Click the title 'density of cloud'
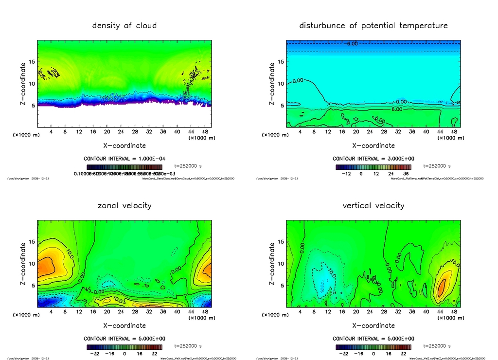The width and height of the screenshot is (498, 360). pos(124,25)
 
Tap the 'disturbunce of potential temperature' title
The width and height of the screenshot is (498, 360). pos(373,25)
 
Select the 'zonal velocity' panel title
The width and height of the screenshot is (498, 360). pos(124,205)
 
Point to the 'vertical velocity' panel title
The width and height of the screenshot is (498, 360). pos(373,205)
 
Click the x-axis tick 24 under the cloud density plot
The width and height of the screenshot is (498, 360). pos(121,132)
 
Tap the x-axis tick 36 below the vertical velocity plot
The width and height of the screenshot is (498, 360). pos(412,312)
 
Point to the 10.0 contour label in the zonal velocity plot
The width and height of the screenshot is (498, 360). pos(69,253)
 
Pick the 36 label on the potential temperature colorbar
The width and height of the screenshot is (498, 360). pos(406,173)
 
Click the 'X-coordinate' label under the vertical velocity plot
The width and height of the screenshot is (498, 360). pos(373,325)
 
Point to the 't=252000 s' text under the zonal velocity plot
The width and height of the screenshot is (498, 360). pos(191,346)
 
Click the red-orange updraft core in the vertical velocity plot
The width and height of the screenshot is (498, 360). pos(442,287)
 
